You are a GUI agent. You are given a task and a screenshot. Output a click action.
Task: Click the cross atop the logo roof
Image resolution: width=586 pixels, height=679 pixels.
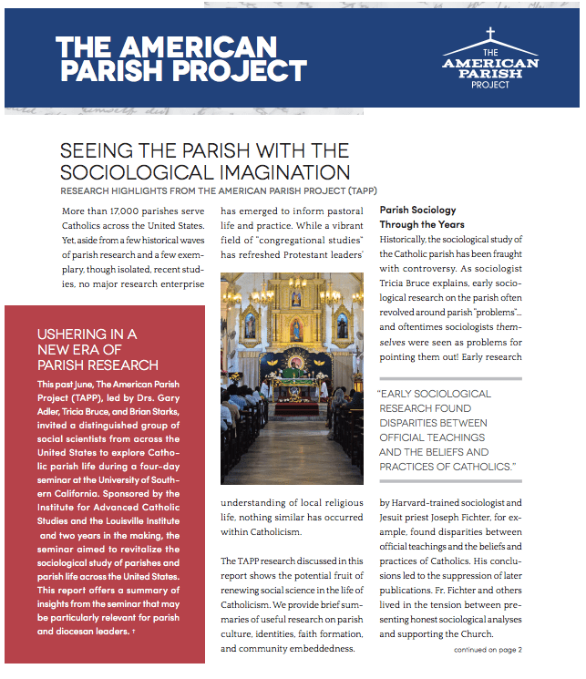point(489,36)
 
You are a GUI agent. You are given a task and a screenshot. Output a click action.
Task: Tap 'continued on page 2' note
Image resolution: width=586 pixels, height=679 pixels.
point(488,650)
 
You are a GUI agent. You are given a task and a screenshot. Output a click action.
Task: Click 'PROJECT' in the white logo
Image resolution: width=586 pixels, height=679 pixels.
point(490,85)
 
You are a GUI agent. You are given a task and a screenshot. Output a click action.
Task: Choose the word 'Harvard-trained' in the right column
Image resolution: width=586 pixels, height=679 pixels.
point(428,502)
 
